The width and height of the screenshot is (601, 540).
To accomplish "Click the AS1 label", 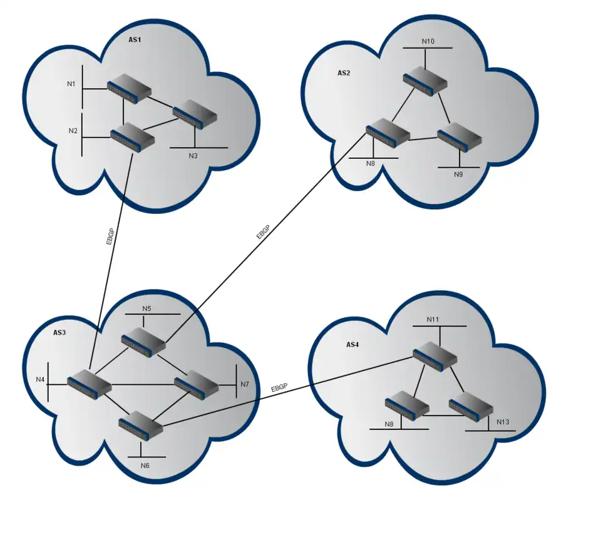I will coord(135,40).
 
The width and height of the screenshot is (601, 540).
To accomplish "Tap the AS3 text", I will coord(59,332).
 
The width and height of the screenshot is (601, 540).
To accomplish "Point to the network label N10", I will coord(428,41).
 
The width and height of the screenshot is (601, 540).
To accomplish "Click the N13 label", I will coord(503,422).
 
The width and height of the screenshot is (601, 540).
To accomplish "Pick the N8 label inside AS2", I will coord(371,164).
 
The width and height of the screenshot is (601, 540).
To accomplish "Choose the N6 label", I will coord(145,466).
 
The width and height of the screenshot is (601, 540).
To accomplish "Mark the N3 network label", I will coord(193,155).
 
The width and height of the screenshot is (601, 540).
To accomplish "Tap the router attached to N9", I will coord(460,140).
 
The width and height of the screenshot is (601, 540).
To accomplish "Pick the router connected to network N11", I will coord(435,357).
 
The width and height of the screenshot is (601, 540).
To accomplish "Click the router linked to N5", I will coord(143,342).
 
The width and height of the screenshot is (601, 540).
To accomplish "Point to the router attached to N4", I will coord(89,384).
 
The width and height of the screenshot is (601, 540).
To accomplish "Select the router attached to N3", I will coord(195,115).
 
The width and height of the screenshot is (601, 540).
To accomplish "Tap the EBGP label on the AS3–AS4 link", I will coord(279,389).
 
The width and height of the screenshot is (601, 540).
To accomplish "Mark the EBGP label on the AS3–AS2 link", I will coord(264,232).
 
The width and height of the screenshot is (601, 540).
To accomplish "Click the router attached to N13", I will coord(470,405).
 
